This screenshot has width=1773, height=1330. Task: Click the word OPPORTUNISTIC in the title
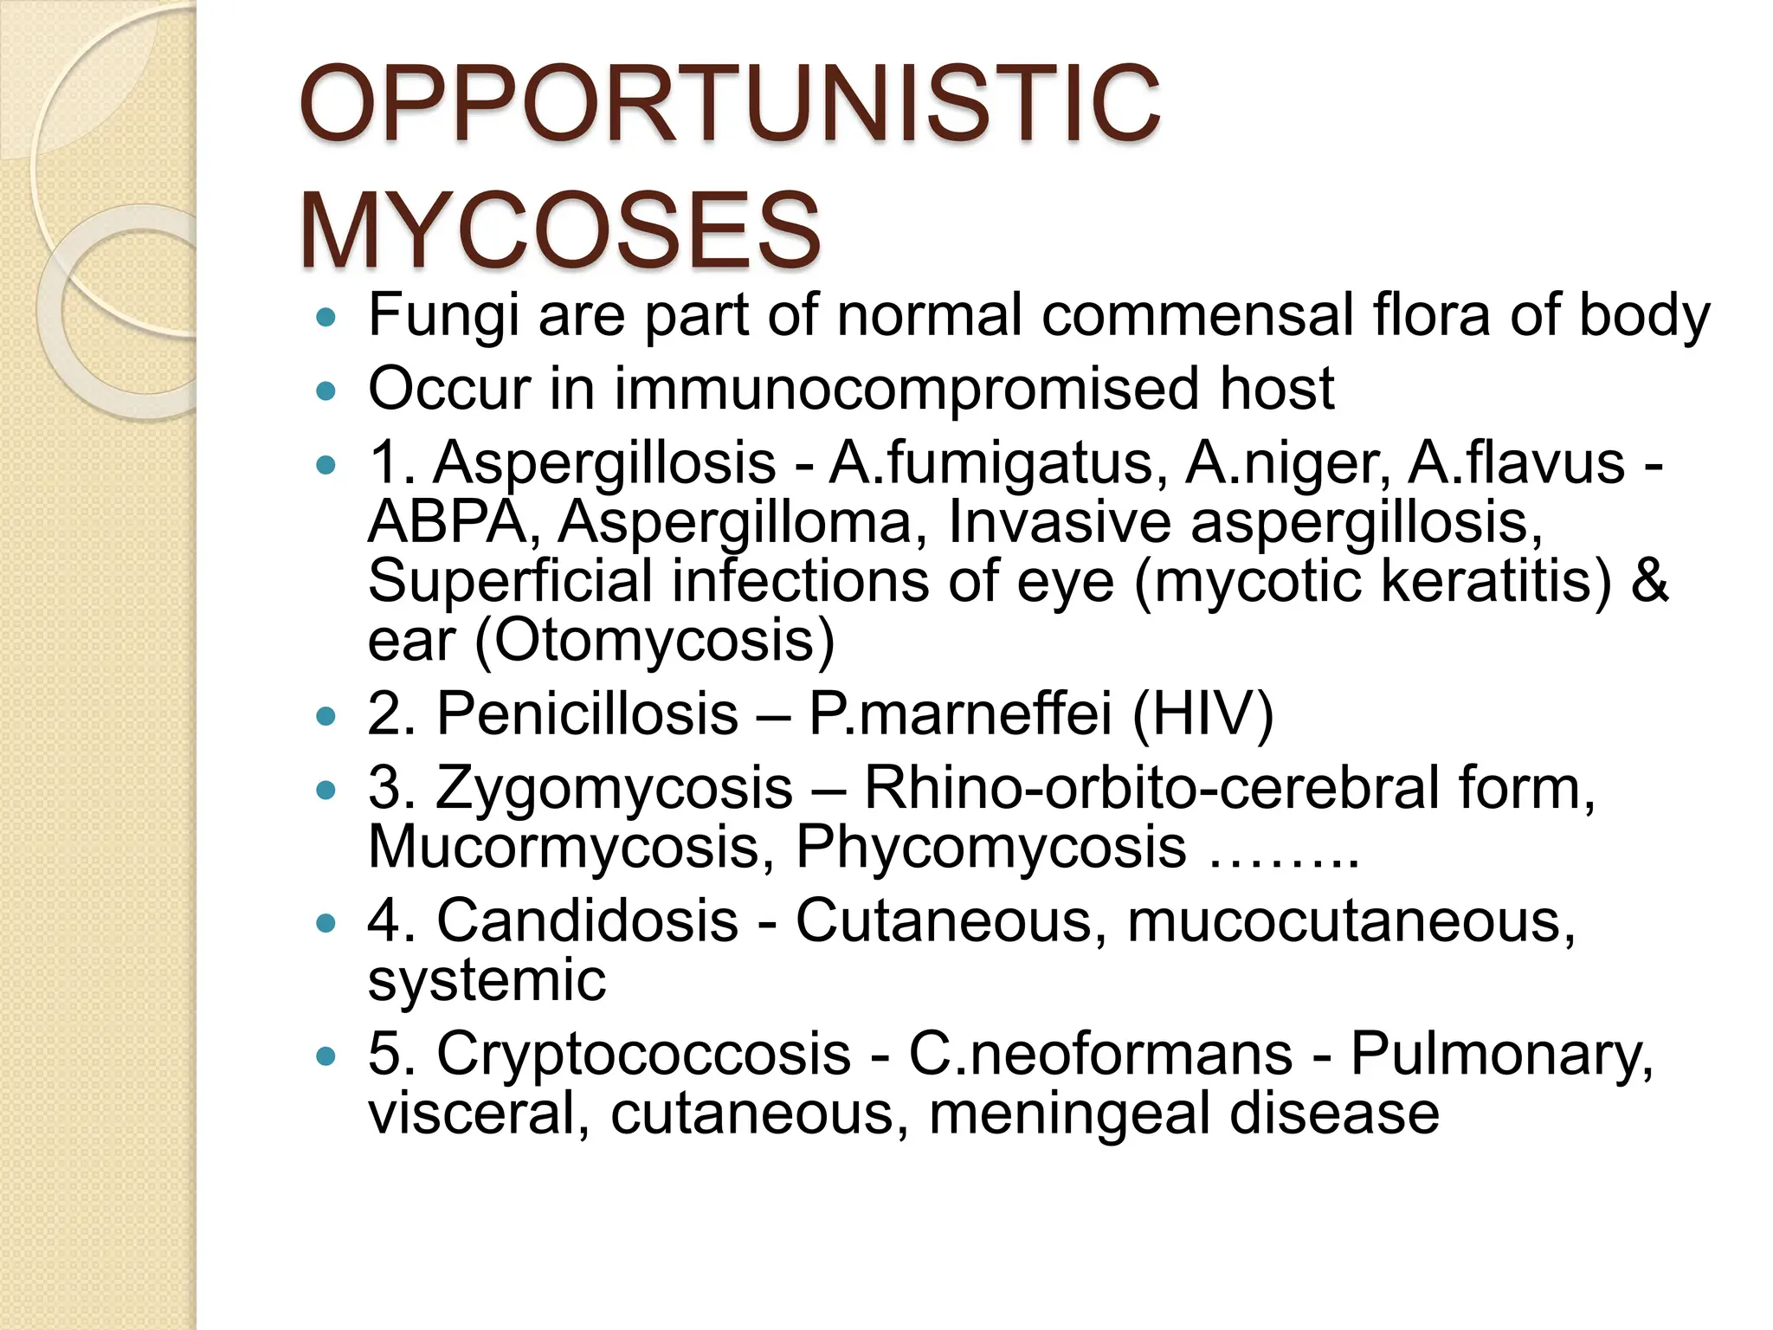click(x=729, y=105)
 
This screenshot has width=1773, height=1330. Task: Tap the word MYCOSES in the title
click(x=559, y=231)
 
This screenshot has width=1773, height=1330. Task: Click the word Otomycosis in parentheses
click(x=654, y=641)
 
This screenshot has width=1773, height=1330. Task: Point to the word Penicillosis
click(x=587, y=714)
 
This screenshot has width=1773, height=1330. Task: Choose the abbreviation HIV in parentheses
click(x=1202, y=714)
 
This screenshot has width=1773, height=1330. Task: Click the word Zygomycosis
click(x=614, y=788)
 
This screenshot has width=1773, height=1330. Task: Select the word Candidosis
click(x=587, y=920)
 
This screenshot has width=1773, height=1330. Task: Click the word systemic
click(x=487, y=980)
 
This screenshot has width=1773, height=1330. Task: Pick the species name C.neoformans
click(x=1100, y=1054)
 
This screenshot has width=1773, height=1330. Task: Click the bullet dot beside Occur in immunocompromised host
click(x=326, y=392)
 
